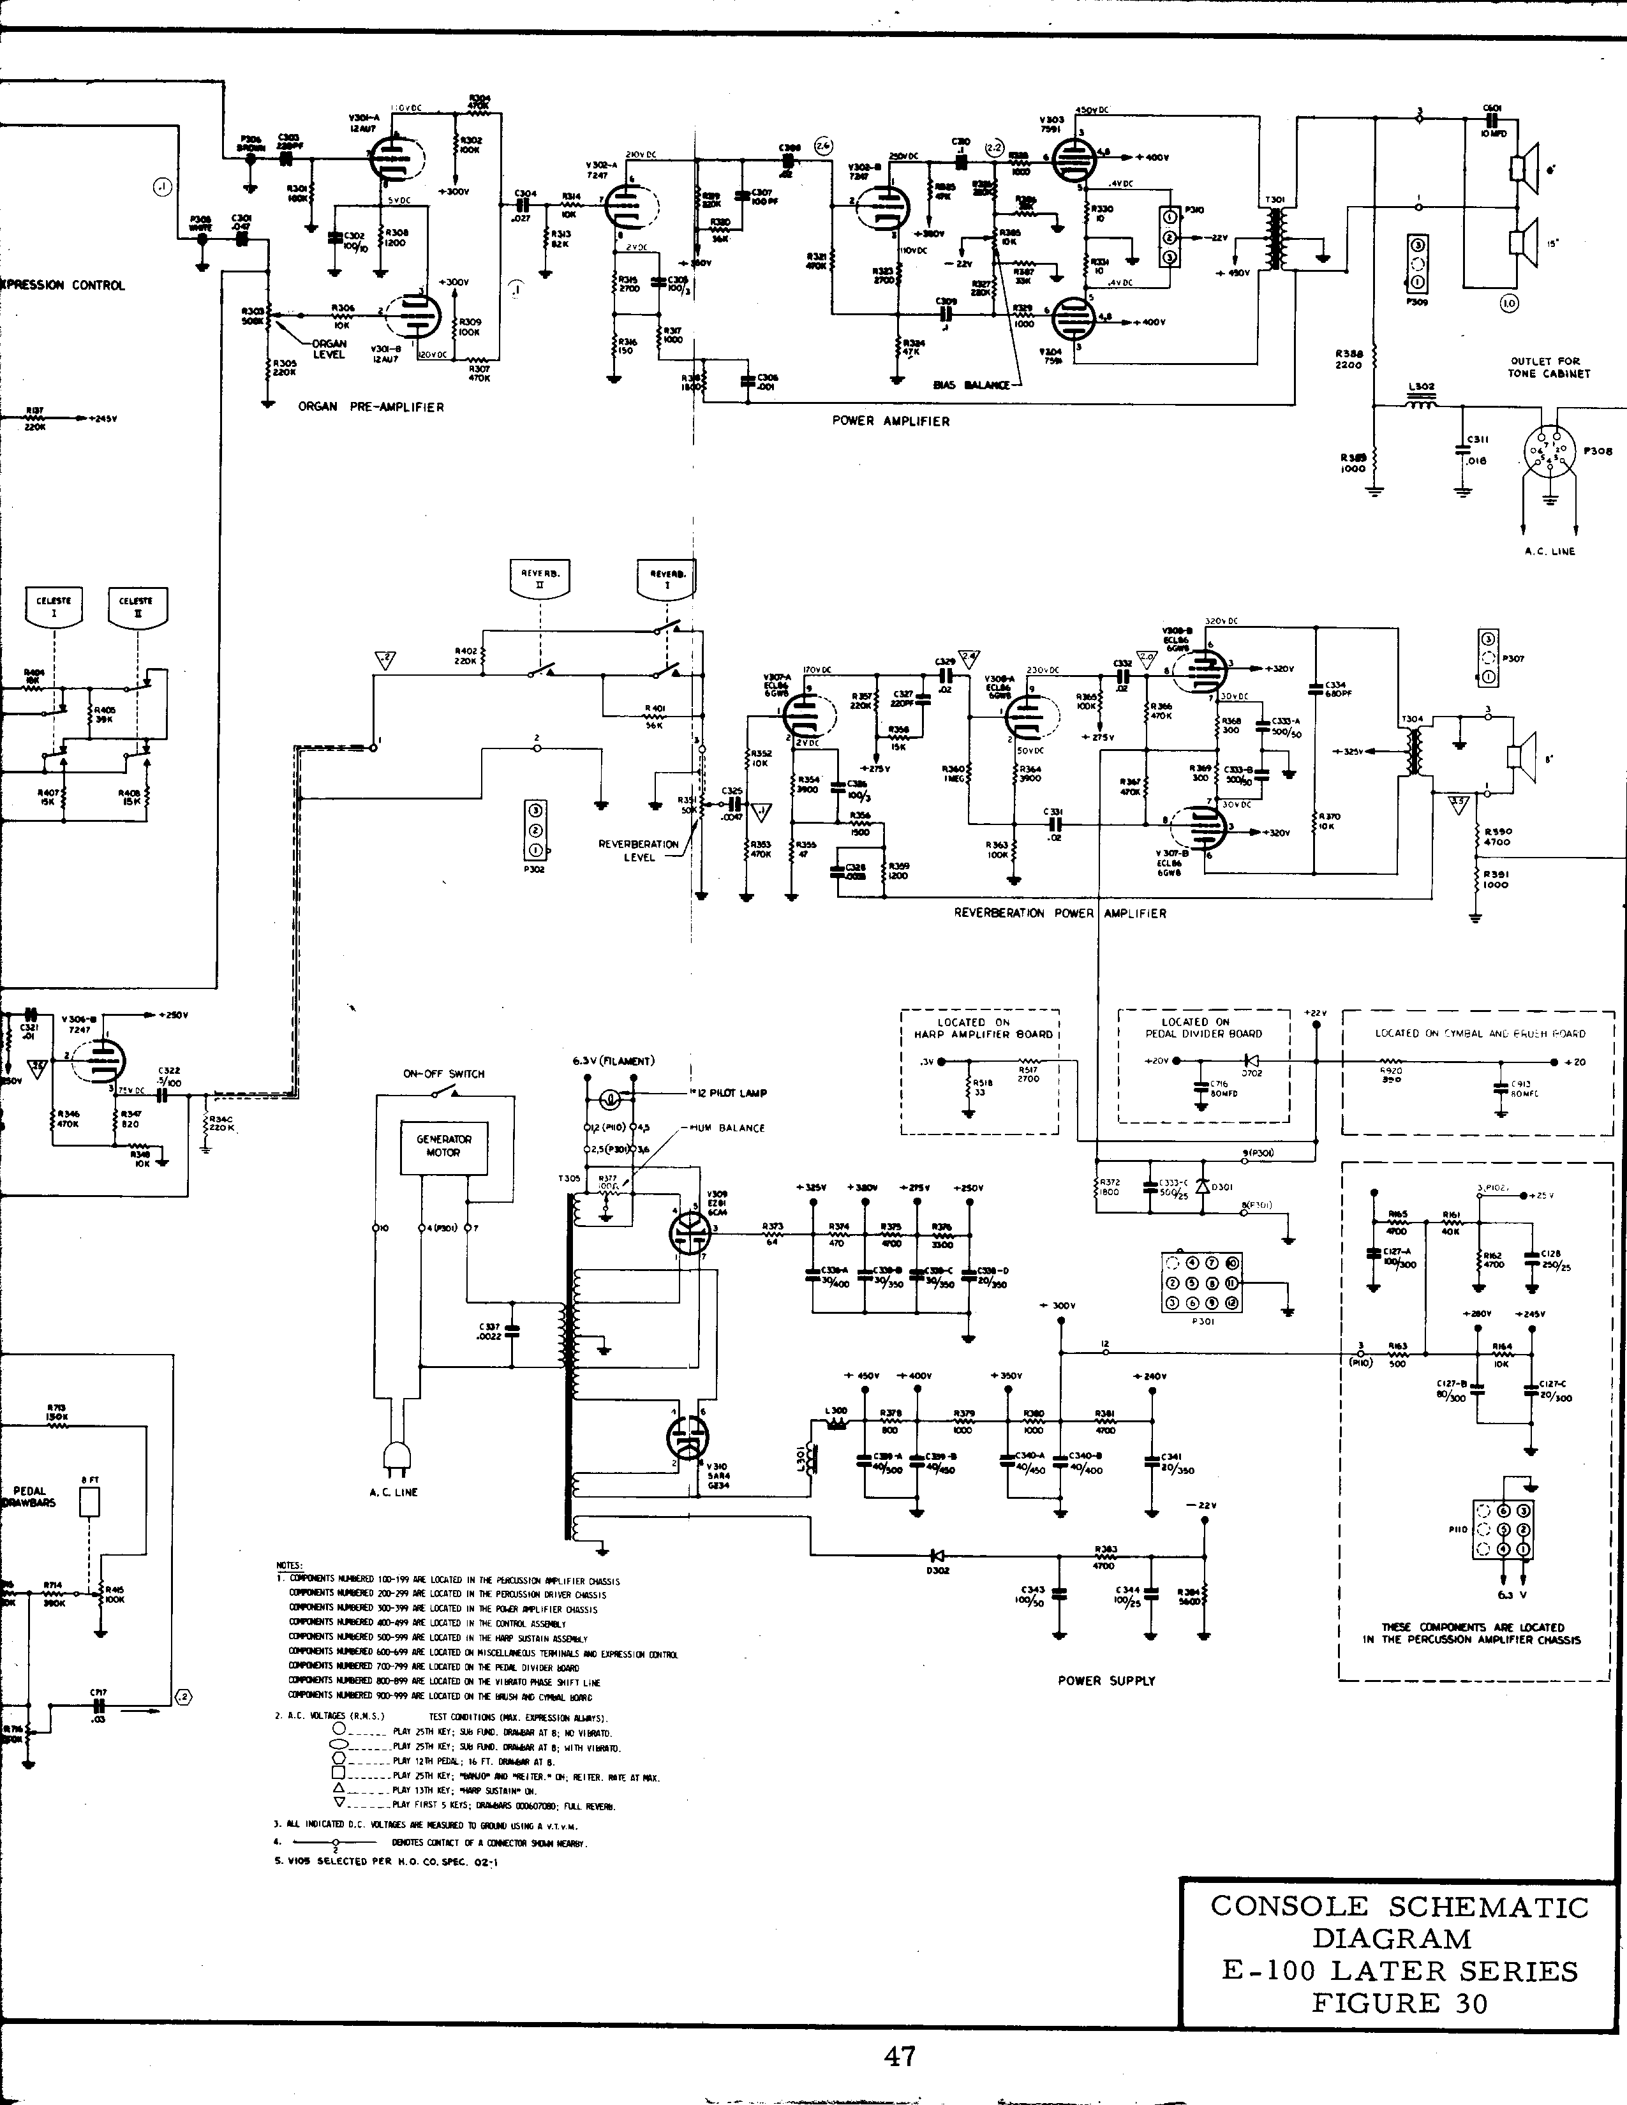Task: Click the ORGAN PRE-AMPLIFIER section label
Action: point(371,406)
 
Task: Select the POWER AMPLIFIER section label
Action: point(891,421)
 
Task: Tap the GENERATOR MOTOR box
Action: point(443,1145)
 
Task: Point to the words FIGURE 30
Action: point(1399,2003)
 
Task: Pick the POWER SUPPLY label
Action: point(1106,1681)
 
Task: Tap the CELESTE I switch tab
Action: point(54,608)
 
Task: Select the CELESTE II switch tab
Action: point(136,608)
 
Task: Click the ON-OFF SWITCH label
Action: point(443,1074)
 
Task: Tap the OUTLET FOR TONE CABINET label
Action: point(1549,368)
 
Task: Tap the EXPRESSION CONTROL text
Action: point(63,285)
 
